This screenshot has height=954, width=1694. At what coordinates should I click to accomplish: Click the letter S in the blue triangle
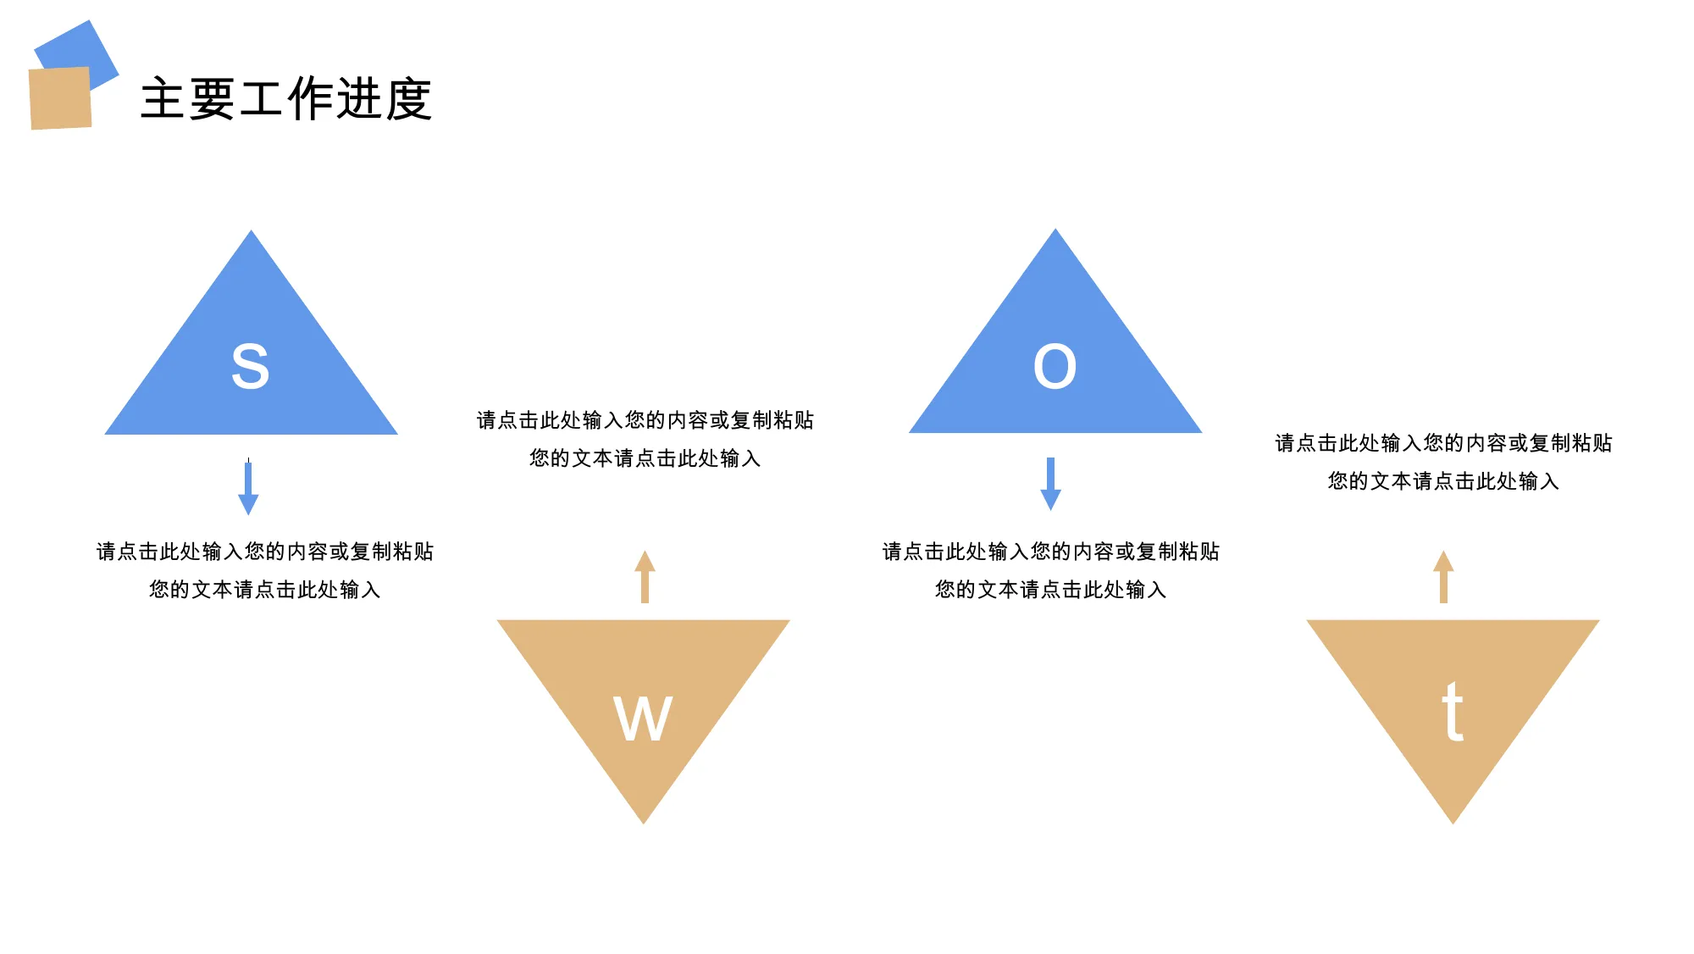[x=250, y=366]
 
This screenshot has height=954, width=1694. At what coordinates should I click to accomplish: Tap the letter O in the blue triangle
[x=1055, y=367]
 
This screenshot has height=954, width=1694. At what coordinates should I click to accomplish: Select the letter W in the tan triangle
[x=643, y=718]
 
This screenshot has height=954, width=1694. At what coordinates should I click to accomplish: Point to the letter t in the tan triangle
[x=1453, y=712]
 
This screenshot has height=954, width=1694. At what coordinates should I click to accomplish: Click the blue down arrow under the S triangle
[x=248, y=487]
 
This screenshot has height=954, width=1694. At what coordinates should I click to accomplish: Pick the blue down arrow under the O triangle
[x=1050, y=484]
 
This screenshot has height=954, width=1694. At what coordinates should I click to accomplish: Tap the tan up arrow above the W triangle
[x=645, y=577]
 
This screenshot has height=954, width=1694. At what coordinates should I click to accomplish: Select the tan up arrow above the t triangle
[x=1443, y=577]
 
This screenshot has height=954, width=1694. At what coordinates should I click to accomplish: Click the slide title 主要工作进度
[x=286, y=99]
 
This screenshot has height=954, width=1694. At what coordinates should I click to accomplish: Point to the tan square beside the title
[x=60, y=98]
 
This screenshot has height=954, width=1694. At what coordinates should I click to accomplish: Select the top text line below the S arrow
[x=265, y=552]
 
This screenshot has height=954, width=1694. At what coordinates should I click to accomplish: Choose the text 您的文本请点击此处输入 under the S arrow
[x=265, y=590]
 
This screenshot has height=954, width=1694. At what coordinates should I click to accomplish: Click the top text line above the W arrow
[x=645, y=420]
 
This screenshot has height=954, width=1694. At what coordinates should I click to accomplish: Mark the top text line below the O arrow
[x=1050, y=552]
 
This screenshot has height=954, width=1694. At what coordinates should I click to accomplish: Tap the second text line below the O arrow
[x=1050, y=590]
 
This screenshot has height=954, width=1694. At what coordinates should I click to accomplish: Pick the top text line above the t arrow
[x=1443, y=443]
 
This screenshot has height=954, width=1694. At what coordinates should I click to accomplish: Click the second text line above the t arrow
[x=1443, y=481]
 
